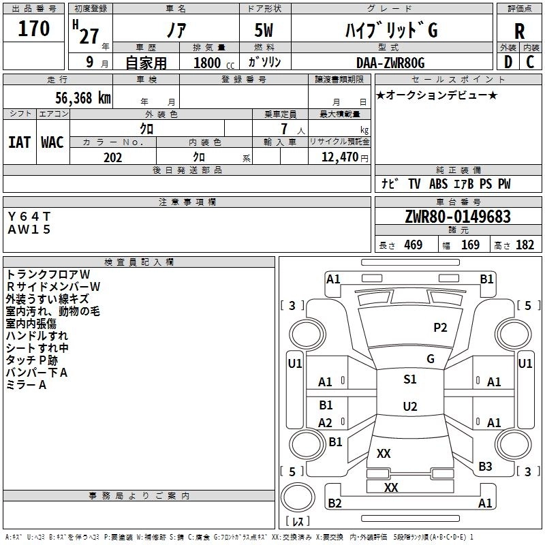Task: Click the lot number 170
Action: click(x=34, y=29)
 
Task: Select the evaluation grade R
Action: click(x=519, y=31)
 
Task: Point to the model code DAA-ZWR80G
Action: click(x=390, y=63)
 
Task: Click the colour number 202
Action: click(x=112, y=157)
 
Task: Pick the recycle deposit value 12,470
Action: click(x=339, y=157)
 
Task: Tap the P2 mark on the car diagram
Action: click(x=440, y=328)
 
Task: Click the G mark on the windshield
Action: click(x=431, y=359)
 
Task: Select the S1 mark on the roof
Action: click(x=410, y=379)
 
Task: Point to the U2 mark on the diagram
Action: click(x=410, y=407)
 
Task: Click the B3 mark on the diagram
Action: click(x=485, y=467)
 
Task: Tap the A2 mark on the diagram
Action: click(x=326, y=423)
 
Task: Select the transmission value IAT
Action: click(x=19, y=142)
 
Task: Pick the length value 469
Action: click(x=413, y=245)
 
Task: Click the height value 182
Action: click(x=525, y=245)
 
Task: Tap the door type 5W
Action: click(x=265, y=31)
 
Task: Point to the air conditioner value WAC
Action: click(x=52, y=142)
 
